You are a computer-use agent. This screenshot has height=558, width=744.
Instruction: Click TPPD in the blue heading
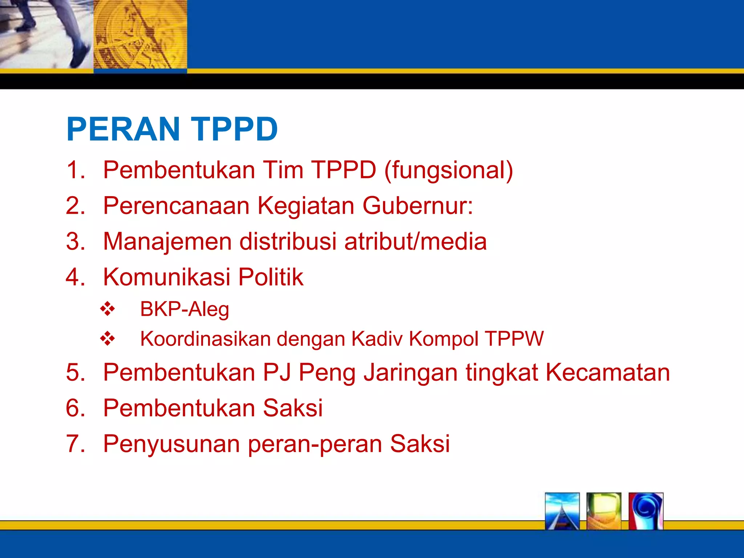coord(234,129)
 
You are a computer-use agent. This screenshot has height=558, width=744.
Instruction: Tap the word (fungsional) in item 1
coord(449,170)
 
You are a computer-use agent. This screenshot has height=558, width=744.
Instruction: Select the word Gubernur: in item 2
coord(418,206)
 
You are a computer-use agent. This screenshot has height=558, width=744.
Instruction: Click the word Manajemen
coord(167,242)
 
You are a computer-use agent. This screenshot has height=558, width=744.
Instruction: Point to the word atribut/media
coord(415,242)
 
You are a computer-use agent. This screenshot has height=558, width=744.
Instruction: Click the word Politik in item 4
coord(271,277)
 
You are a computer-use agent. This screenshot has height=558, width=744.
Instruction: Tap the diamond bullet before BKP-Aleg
coord(108,309)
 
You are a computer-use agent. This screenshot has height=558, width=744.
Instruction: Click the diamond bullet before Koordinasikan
coord(108,339)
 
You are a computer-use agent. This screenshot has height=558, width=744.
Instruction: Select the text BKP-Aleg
coord(185,309)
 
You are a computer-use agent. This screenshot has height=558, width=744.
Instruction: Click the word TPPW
coord(514,339)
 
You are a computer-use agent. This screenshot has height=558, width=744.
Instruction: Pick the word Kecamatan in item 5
coord(607,372)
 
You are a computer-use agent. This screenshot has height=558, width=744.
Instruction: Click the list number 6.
coord(75,408)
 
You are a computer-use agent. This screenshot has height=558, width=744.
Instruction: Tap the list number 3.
coord(75,242)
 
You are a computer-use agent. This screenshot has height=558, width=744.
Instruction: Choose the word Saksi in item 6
coord(292,408)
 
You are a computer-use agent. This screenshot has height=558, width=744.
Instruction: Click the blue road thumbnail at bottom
coord(562,511)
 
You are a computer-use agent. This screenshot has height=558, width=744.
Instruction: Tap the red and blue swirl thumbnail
coord(646,511)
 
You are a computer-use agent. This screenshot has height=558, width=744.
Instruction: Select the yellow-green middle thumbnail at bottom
coord(603,511)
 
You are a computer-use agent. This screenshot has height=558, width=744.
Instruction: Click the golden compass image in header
coord(140,35)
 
